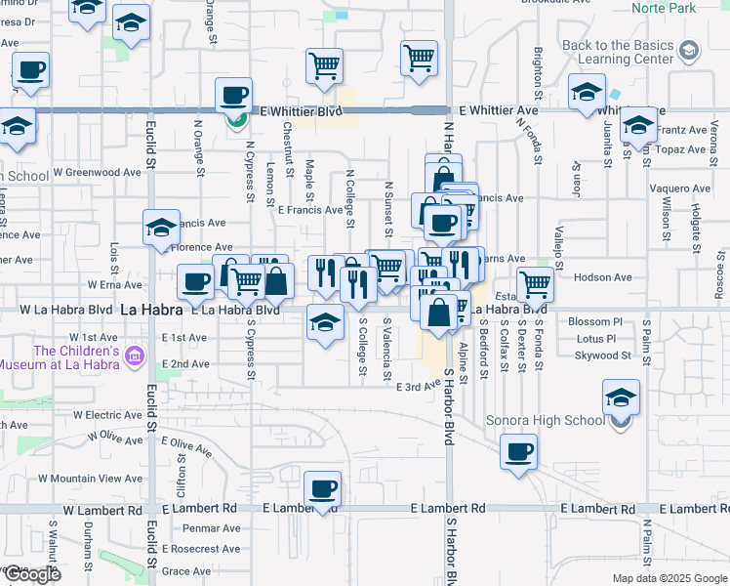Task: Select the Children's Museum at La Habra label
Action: (x=76, y=357)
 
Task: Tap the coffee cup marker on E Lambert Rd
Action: (x=322, y=489)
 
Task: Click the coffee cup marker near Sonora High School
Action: (x=518, y=452)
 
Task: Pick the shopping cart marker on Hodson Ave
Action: (x=535, y=284)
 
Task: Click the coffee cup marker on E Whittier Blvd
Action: (x=234, y=96)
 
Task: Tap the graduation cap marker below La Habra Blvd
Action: (x=325, y=323)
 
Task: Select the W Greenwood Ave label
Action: (x=98, y=172)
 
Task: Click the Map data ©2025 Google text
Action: (x=669, y=578)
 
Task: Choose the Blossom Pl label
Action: (x=594, y=321)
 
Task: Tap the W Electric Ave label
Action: (x=108, y=415)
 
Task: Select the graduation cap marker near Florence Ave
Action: (x=161, y=229)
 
